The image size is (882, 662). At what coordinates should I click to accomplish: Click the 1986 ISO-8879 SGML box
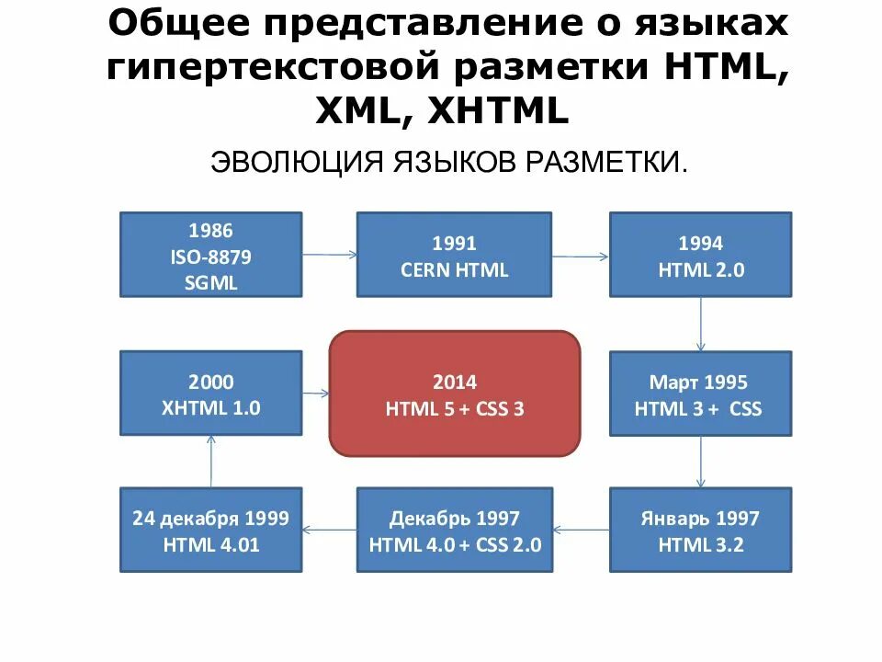click(x=210, y=255)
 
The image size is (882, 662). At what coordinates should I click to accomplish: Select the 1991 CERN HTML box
click(x=454, y=255)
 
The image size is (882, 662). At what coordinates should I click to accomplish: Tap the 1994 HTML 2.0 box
click(x=700, y=255)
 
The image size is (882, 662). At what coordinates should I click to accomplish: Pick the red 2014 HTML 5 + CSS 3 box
click(x=455, y=394)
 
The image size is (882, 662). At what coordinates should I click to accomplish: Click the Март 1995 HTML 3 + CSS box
click(x=700, y=394)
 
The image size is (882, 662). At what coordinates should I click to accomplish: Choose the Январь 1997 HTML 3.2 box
click(x=700, y=531)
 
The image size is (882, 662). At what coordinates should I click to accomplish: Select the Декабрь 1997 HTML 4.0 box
click(x=454, y=531)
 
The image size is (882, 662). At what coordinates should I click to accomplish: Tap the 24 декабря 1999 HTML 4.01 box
click(x=210, y=531)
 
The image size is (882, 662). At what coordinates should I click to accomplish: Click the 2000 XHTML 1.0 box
click(x=210, y=394)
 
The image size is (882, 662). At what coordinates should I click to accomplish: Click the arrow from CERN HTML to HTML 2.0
click(x=581, y=255)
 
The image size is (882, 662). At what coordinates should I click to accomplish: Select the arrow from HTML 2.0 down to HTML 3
click(x=701, y=324)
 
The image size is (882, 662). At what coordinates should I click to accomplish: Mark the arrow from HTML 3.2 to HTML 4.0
click(x=582, y=529)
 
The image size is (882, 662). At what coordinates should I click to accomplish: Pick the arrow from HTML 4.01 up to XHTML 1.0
click(x=211, y=462)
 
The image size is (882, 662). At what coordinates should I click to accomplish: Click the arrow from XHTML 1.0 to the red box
click(x=316, y=394)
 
